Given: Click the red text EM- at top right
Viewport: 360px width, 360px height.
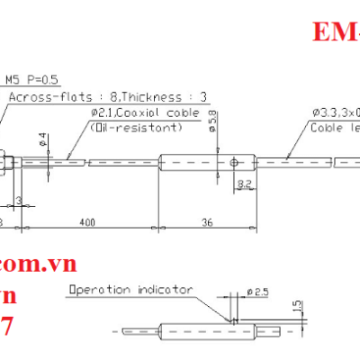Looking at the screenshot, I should (x=336, y=33).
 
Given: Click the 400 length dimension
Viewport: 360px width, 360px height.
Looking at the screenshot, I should (x=87, y=220).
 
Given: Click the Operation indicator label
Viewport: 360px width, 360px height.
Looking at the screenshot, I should (x=131, y=290).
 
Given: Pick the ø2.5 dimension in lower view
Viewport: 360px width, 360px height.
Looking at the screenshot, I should (x=256, y=292).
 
